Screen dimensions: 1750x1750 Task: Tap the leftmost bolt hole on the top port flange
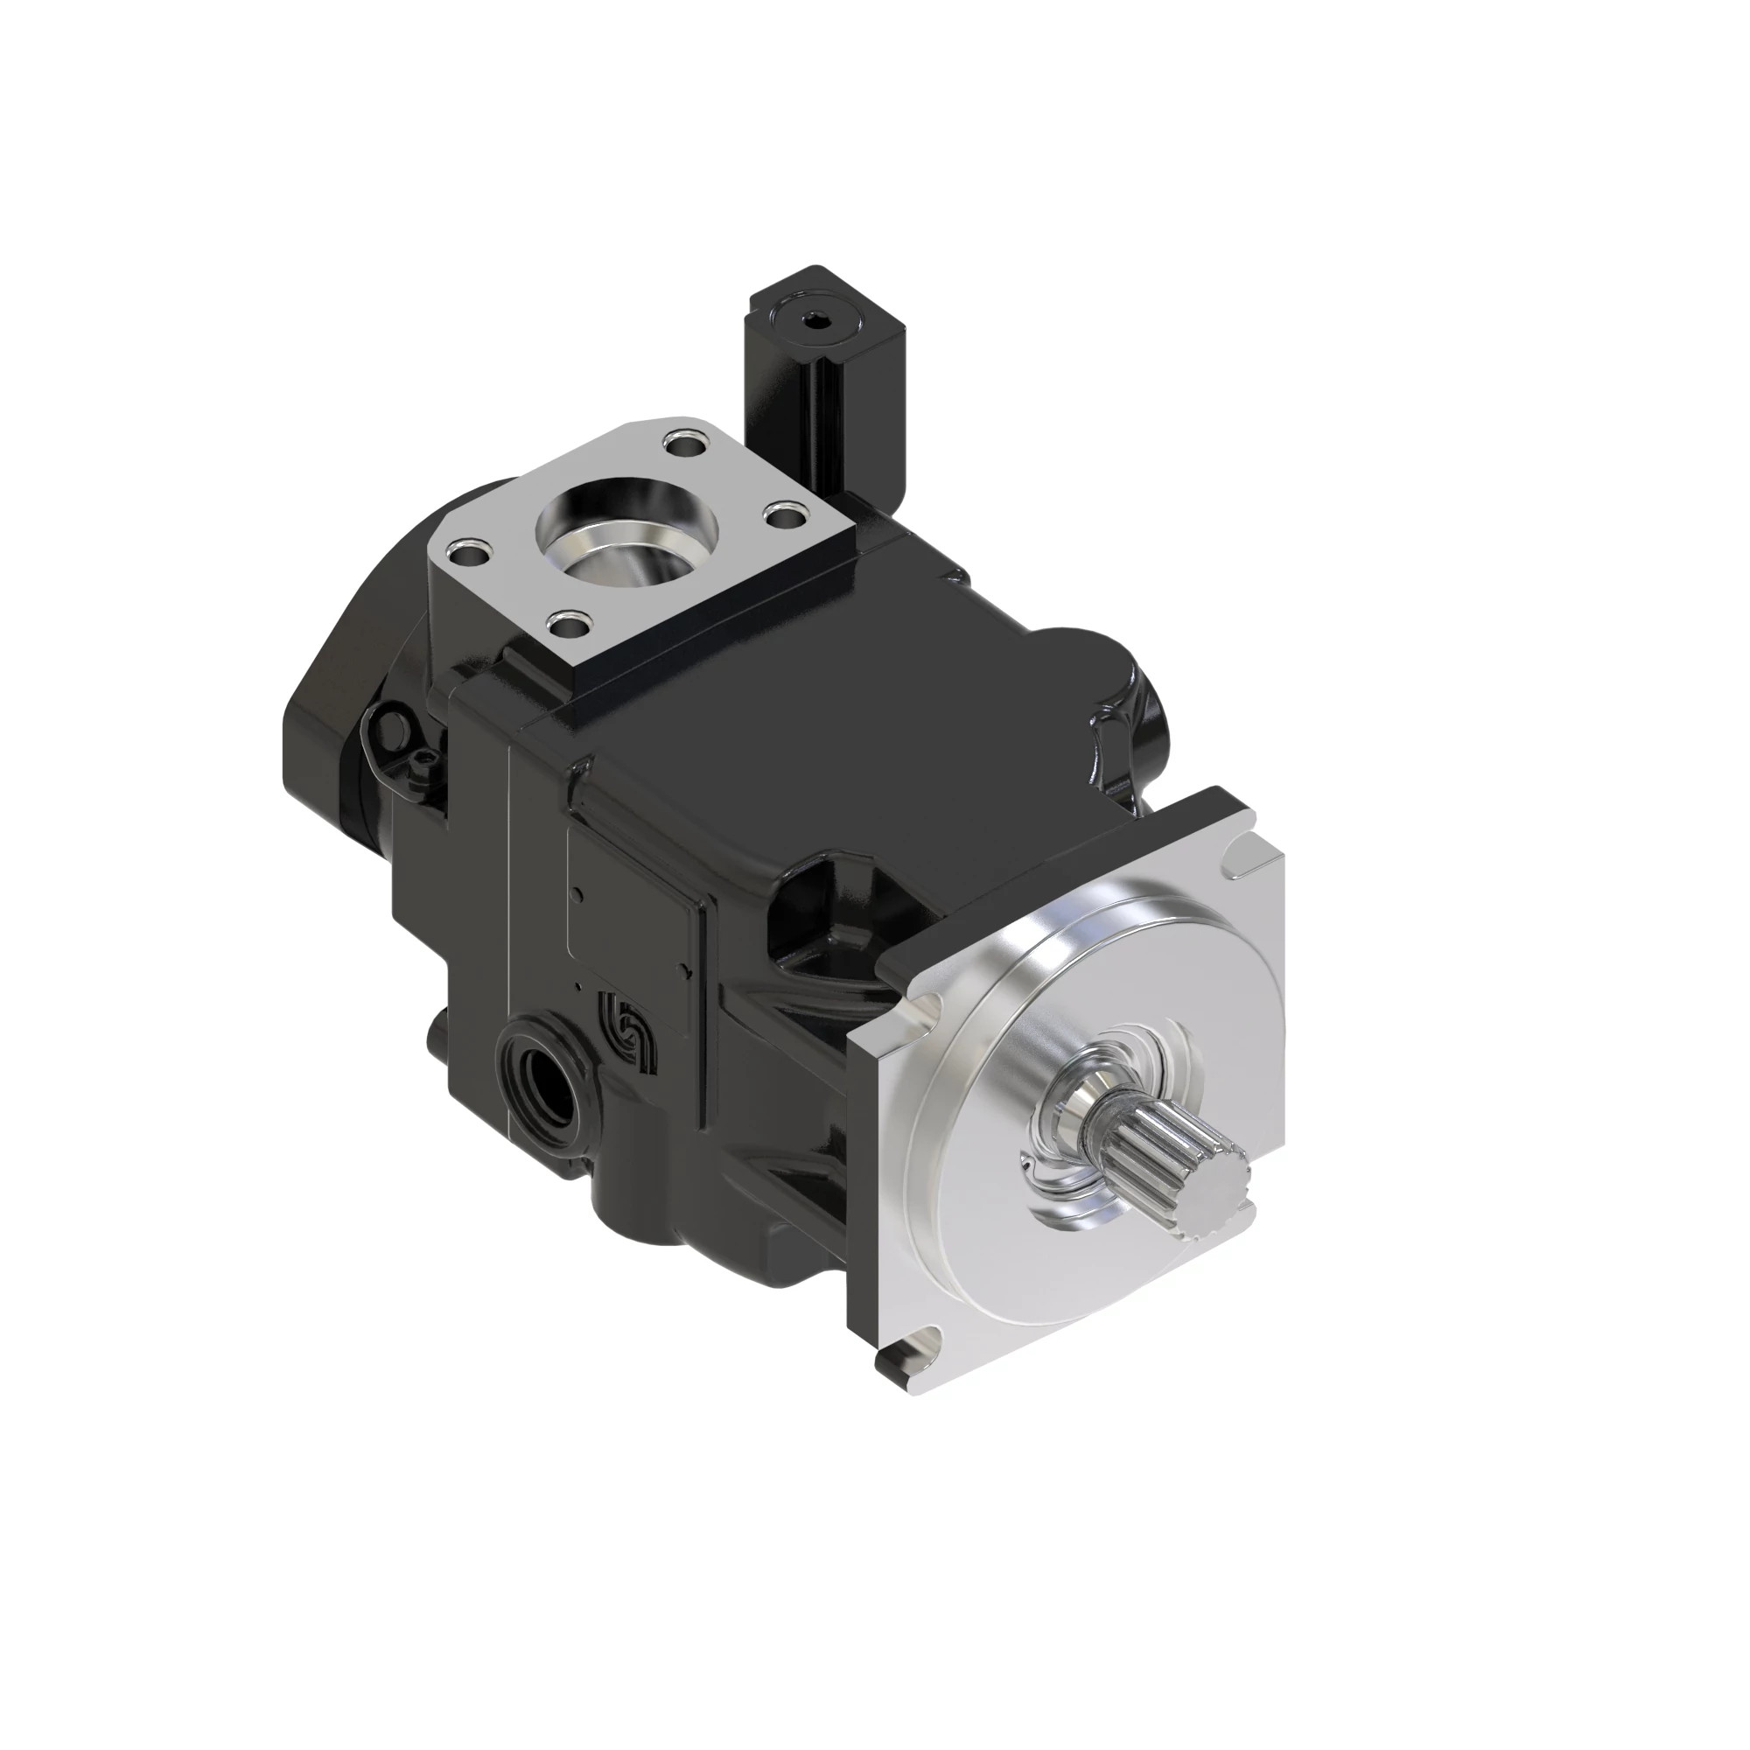471,549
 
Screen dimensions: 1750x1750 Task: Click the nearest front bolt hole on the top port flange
569,623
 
